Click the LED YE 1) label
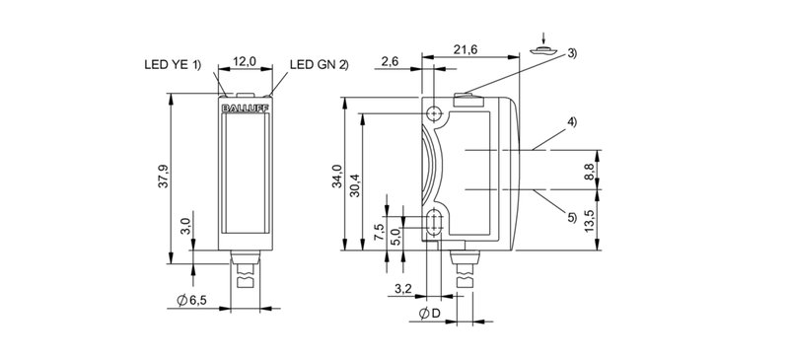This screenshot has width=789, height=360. point(172,64)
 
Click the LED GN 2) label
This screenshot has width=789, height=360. point(319,64)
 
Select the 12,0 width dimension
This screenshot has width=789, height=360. point(245,61)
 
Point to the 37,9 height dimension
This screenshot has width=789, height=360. point(163,177)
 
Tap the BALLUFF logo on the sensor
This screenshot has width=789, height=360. point(245,108)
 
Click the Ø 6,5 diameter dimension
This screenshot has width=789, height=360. point(191,301)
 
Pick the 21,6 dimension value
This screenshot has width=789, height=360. point(466,49)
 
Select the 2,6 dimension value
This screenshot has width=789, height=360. point(390,61)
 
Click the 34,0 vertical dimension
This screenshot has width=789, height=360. point(336,177)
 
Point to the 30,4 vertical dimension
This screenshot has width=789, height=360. point(355,184)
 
